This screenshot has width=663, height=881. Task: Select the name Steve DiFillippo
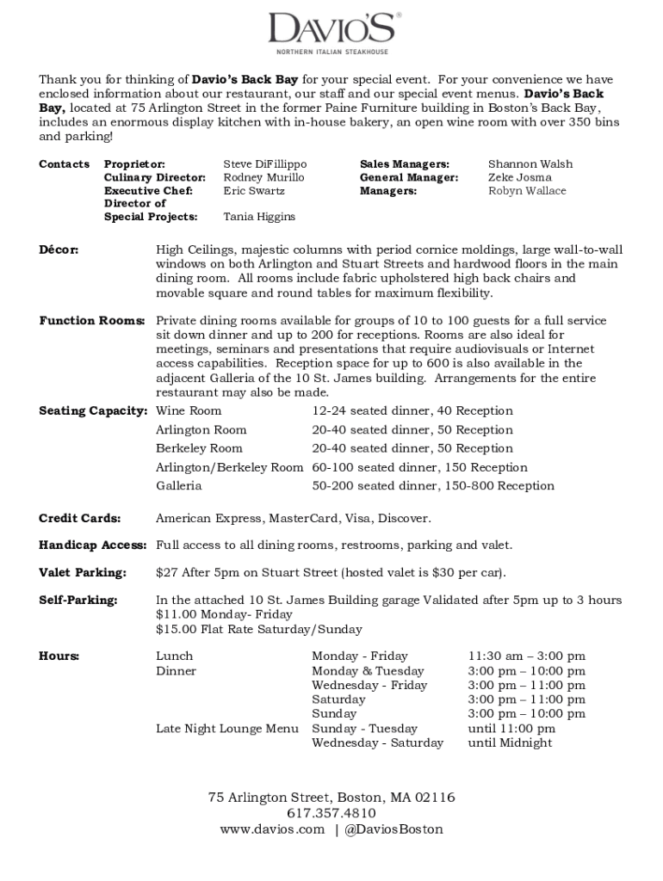tap(265, 163)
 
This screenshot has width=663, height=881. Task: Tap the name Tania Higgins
tap(259, 217)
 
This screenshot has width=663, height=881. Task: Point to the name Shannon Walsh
tap(530, 163)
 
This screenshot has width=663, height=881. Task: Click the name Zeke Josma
tap(520, 177)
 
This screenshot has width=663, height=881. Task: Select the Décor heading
tap(59, 250)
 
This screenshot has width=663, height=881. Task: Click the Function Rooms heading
tap(92, 321)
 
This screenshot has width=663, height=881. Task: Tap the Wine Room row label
tap(189, 410)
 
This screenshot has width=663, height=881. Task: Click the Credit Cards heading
tap(79, 518)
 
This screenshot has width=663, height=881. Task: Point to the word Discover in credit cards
tap(404, 518)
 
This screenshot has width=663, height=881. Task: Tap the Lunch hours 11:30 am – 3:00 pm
tap(526, 656)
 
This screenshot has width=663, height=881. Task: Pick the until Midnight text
tap(510, 742)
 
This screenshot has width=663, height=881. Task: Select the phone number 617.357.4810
tap(331, 813)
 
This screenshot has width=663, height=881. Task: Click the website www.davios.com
tap(272, 829)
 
